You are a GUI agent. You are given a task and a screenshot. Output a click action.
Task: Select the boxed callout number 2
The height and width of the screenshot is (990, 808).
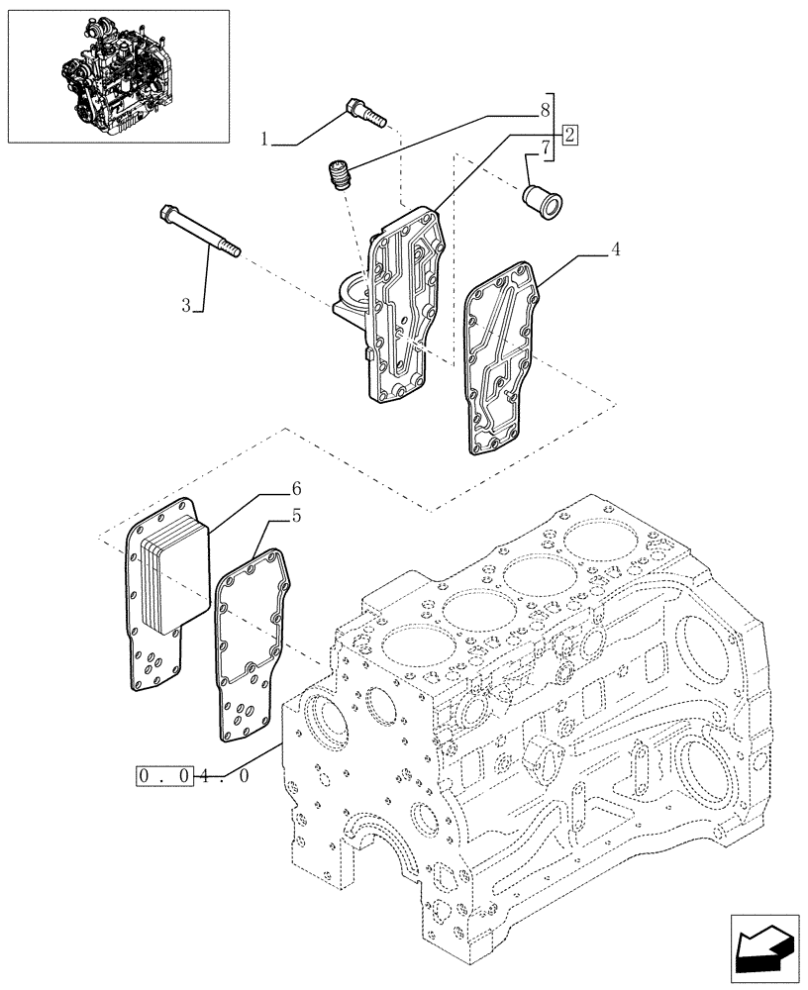coord(570,135)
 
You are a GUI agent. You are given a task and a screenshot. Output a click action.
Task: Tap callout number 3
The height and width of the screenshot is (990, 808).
coord(187,305)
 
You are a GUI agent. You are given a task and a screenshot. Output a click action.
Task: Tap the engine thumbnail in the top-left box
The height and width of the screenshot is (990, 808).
coord(118,74)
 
